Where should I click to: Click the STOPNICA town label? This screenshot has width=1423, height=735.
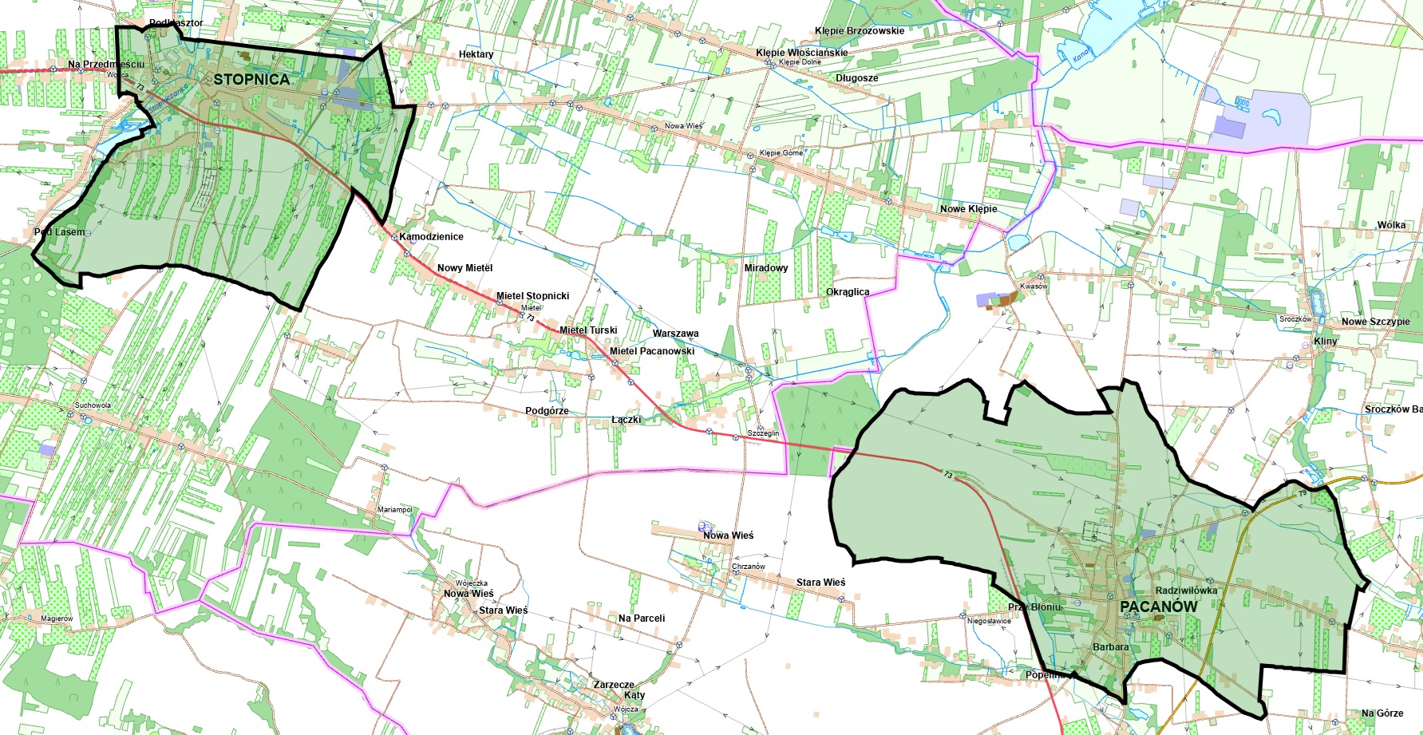point(251,79)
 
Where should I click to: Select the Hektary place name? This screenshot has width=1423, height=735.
point(476,54)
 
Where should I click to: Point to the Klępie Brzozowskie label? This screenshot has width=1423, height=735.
point(860,31)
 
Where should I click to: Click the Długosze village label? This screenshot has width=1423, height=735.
point(856,78)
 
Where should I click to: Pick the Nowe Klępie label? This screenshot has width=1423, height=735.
point(968,209)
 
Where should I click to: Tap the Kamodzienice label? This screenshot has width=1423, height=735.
point(431,237)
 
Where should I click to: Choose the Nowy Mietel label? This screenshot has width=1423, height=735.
point(464,268)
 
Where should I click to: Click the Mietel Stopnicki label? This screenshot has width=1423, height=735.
point(532,296)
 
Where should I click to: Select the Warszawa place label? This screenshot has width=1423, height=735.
point(675,334)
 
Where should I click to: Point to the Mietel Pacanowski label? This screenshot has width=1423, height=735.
point(652,351)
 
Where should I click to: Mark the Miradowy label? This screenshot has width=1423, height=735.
point(765,268)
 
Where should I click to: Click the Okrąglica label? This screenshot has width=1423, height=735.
point(848,292)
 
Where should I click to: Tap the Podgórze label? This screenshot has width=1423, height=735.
point(547,411)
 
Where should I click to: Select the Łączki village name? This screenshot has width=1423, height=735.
point(626,420)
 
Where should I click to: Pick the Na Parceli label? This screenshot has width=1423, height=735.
point(641,618)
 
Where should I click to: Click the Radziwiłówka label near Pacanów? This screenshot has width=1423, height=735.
point(1186,591)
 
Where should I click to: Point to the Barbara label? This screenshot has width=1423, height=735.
point(1110,647)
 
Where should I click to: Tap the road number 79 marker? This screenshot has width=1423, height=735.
point(1302,493)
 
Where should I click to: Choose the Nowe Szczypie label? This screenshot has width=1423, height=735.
point(1375,322)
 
